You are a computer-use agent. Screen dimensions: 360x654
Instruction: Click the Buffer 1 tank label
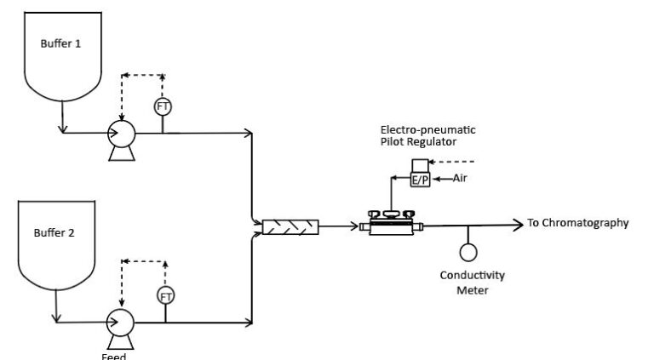click(60, 43)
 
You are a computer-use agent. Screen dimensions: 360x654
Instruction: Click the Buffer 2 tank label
click(60, 232)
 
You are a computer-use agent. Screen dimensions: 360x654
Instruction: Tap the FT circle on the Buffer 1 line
click(163, 107)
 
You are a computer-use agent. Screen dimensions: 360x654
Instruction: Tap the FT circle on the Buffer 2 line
click(165, 295)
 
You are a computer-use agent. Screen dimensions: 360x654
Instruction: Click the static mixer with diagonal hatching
click(290, 226)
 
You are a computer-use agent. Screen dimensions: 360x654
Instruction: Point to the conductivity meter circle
click(468, 253)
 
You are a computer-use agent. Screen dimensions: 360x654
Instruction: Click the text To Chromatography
click(578, 224)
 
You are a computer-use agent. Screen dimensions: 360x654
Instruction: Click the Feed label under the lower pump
click(113, 356)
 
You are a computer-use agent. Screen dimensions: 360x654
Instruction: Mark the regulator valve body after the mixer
click(391, 225)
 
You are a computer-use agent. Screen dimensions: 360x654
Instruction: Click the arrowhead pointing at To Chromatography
click(517, 225)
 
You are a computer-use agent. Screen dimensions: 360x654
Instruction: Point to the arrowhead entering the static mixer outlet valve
click(352, 226)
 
